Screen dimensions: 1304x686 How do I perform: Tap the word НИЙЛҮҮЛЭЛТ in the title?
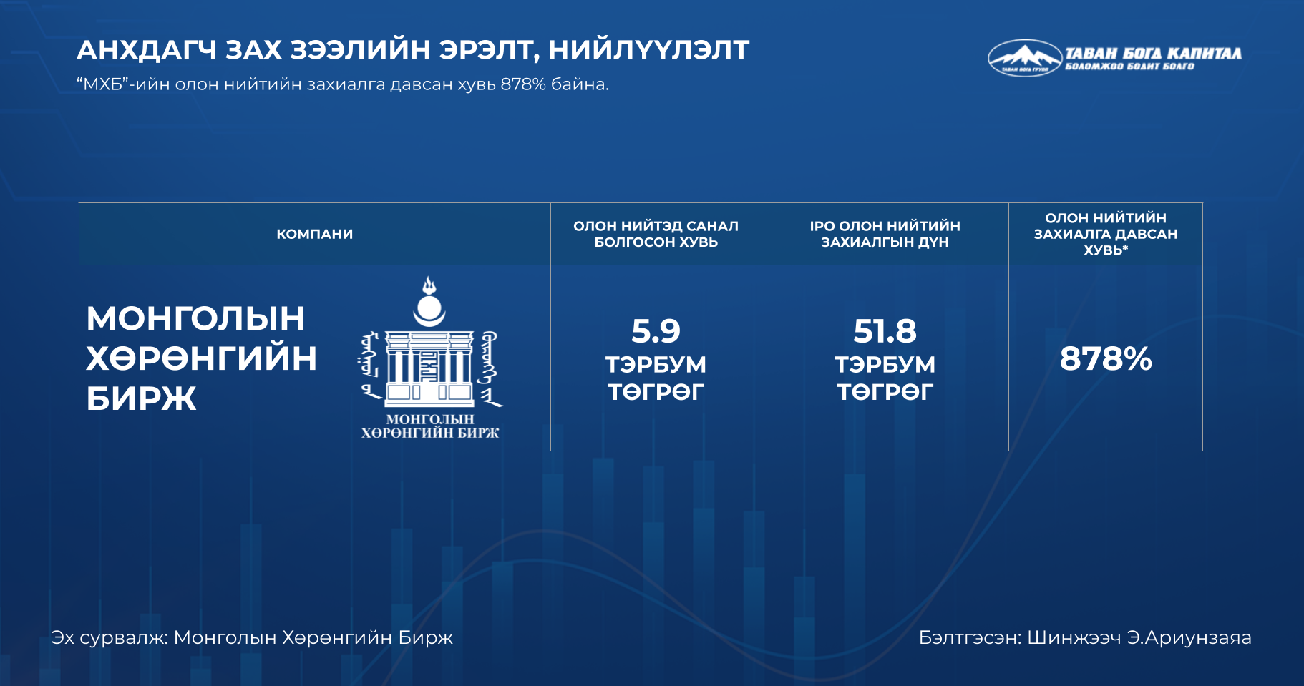pyautogui.click(x=648, y=50)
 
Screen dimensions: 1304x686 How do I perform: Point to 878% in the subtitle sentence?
pyautogui.click(x=523, y=84)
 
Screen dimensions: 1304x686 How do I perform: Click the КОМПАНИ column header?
pyautogui.click(x=315, y=234)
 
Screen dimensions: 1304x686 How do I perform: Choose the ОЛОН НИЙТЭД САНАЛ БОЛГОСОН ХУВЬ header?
pyautogui.click(x=656, y=234)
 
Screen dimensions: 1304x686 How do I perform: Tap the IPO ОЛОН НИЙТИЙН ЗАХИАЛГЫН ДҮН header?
pyautogui.click(x=885, y=234)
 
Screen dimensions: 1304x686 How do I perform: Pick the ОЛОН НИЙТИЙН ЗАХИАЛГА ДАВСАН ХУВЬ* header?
pyautogui.click(x=1106, y=234)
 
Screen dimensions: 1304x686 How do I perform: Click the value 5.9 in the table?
pyautogui.click(x=656, y=331)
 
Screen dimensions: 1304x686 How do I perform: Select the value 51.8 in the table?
pyautogui.click(x=885, y=331)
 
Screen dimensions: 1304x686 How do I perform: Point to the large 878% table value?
pyautogui.click(x=1106, y=358)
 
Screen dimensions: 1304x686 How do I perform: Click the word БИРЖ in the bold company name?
pyautogui.click(x=141, y=398)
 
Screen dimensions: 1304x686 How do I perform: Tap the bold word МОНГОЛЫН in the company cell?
pyautogui.click(x=195, y=318)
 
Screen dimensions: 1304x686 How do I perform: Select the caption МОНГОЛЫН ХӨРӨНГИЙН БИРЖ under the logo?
pyautogui.click(x=430, y=426)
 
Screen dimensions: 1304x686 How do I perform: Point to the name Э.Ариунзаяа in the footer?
pyautogui.click(x=1189, y=637)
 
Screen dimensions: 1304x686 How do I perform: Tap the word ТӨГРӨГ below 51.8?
pyautogui.click(x=885, y=392)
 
